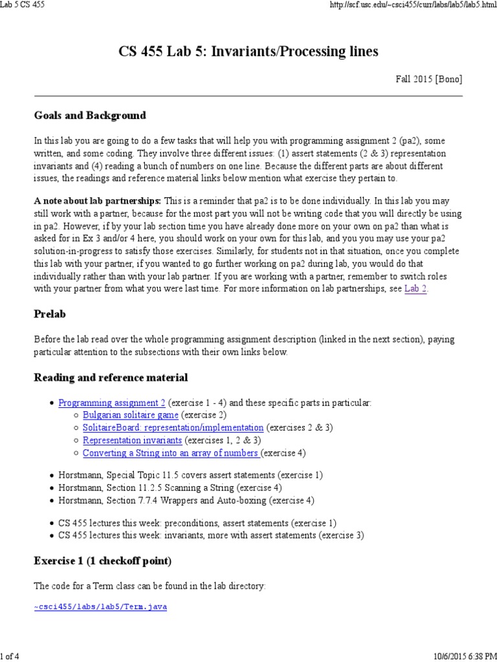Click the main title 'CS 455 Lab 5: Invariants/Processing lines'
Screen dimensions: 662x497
tap(248, 51)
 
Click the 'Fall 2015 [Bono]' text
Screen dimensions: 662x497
tap(429, 80)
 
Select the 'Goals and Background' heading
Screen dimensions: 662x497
tap(90, 116)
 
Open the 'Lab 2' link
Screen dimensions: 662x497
tap(415, 289)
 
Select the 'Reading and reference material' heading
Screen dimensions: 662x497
tap(111, 378)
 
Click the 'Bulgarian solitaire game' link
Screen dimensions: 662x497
tap(130, 415)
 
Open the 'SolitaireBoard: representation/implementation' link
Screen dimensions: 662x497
tap(173, 427)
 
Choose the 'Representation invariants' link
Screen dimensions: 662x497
tap(132, 440)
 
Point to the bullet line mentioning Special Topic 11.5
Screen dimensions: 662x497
tap(190, 475)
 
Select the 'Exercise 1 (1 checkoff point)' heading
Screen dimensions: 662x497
tap(102, 561)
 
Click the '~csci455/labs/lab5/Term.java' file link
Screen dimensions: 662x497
tap(100, 608)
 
